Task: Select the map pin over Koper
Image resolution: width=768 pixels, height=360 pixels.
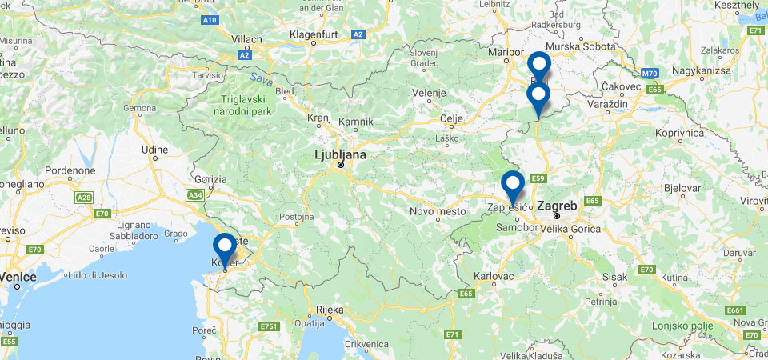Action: tap(225, 246)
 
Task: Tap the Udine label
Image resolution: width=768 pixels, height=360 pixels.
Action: tap(154, 149)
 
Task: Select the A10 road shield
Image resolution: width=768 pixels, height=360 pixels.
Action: tap(210, 19)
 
